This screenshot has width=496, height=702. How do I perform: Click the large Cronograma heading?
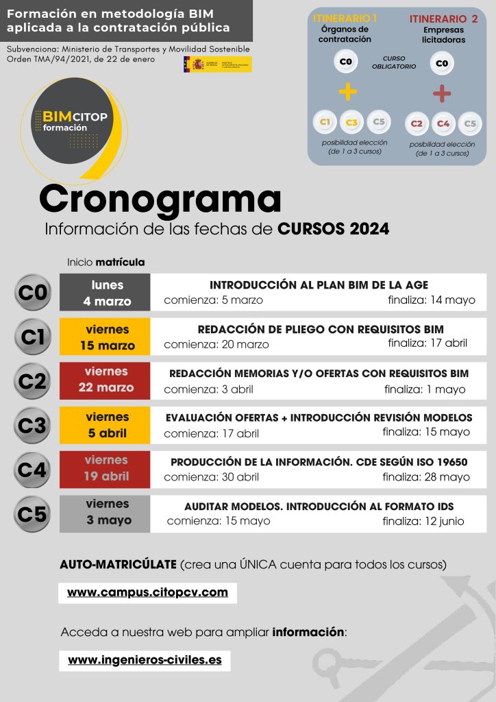(160, 199)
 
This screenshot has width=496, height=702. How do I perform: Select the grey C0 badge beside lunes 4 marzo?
(32, 293)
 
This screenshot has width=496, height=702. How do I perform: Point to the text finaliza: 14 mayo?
(431, 300)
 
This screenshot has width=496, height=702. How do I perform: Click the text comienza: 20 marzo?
(216, 344)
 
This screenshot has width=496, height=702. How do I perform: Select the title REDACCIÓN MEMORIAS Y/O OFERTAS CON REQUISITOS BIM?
(319, 374)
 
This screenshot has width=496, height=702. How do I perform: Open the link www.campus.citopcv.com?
(147, 592)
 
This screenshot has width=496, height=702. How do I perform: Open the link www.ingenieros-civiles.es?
(145, 660)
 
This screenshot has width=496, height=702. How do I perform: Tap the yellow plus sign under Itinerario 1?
(348, 91)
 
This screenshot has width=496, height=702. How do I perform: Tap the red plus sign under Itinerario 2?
(442, 93)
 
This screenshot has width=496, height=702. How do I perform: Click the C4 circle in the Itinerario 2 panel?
(443, 123)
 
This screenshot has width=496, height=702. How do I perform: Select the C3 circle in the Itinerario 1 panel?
(351, 123)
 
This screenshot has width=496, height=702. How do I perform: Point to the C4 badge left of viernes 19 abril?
(32, 470)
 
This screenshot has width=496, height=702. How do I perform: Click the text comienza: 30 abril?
(212, 477)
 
